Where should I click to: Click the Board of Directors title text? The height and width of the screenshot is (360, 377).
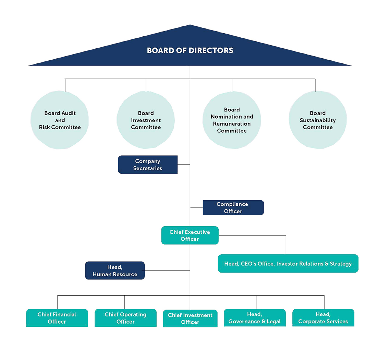(190, 50)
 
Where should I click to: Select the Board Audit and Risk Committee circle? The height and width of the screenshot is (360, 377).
(60, 120)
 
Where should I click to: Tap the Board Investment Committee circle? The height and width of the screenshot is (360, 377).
(146, 120)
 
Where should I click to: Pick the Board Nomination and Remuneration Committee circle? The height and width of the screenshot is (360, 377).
(232, 120)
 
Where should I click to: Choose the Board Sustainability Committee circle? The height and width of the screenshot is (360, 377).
(318, 120)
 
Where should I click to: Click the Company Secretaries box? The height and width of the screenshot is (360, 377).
(148, 165)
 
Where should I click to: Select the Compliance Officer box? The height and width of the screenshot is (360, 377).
(233, 208)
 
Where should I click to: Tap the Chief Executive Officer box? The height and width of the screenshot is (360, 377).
(190, 236)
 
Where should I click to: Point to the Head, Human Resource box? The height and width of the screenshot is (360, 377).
(115, 271)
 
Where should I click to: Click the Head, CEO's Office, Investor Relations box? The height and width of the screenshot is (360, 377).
(288, 264)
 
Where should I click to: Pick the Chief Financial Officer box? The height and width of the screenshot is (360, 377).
(57, 318)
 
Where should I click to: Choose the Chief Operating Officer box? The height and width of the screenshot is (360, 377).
(125, 318)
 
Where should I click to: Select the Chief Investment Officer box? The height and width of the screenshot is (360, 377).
(190, 319)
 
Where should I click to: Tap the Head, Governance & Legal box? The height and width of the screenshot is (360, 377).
(255, 318)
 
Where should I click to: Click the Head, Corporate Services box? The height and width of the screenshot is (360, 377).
(323, 318)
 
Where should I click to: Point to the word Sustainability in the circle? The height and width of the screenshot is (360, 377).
(318, 120)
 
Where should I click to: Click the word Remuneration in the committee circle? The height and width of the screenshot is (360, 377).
(232, 124)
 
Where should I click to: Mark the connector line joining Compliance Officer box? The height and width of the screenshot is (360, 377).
(196, 208)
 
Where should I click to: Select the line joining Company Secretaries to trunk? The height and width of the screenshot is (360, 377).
(184, 165)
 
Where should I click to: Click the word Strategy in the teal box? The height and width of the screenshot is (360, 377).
(341, 264)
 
